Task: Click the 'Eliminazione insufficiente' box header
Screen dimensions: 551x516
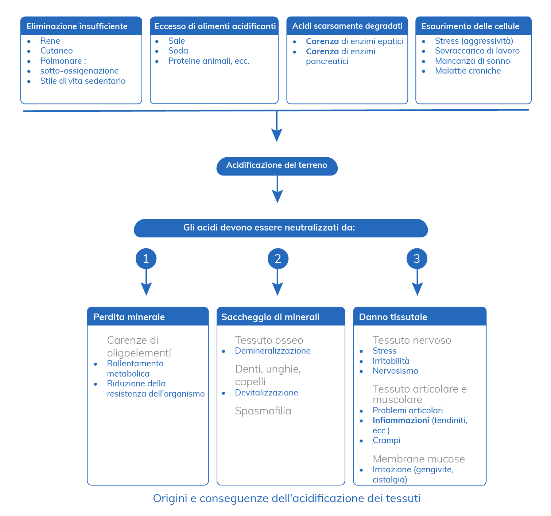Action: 81,26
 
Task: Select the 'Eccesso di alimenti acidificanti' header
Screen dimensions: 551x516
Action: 214,26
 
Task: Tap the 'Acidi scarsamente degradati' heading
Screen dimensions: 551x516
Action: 347,26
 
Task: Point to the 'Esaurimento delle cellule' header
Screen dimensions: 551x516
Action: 473,26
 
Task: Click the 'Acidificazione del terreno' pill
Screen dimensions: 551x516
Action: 277,166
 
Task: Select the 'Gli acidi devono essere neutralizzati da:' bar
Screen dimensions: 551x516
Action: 280,228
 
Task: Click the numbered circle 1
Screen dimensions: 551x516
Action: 146,258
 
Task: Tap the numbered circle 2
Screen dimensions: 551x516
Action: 278,258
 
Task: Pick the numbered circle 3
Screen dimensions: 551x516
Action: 416,258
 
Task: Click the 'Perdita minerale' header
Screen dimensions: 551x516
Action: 148,316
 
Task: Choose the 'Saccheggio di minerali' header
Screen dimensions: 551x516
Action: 280,316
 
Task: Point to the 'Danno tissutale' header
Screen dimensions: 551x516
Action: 419,316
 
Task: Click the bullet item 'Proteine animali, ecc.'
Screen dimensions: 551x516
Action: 209,61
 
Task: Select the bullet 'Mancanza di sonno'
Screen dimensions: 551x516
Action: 472,61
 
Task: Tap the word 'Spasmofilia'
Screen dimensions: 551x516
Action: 263,411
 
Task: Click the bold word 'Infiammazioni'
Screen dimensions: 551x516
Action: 401,420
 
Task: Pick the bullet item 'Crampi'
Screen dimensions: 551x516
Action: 386,440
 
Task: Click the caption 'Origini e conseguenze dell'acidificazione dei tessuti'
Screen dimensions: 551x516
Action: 287,498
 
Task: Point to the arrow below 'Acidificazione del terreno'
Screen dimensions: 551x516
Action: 277,189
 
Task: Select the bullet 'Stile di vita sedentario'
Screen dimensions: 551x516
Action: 83,80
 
